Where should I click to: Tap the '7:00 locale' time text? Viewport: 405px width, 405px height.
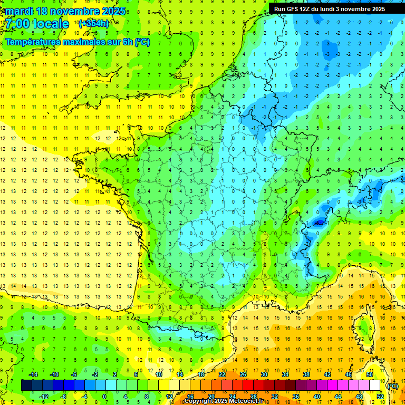click(x=37, y=24)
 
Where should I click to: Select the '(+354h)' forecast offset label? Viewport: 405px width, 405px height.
click(x=93, y=23)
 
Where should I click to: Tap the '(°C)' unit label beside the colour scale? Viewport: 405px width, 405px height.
click(x=392, y=386)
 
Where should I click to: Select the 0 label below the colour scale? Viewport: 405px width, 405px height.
click(x=104, y=397)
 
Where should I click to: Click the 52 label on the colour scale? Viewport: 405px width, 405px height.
click(x=380, y=397)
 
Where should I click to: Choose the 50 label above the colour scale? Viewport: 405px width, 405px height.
click(x=370, y=374)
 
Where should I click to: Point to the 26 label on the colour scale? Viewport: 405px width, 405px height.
click(x=243, y=374)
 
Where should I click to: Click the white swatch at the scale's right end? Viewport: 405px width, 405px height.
click(x=375, y=385)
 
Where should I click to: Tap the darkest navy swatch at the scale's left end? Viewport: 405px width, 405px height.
click(x=26, y=385)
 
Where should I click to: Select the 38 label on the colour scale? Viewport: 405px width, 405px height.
click(x=306, y=374)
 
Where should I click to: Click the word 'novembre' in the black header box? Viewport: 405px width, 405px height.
click(x=359, y=9)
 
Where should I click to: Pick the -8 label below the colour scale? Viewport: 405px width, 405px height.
click(x=63, y=397)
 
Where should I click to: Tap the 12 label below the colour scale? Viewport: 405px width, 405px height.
click(x=169, y=397)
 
